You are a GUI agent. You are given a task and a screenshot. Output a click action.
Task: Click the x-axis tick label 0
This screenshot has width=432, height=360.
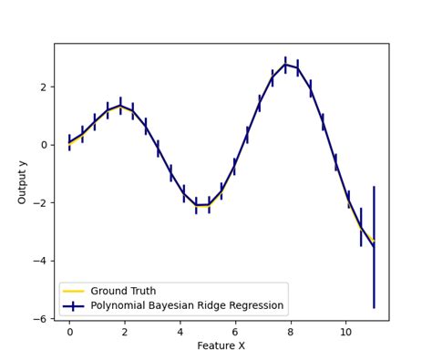(69, 332)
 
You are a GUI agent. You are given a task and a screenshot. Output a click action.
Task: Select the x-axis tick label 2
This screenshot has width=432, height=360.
(125, 332)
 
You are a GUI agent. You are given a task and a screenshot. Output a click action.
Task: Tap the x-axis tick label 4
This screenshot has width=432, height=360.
(180, 332)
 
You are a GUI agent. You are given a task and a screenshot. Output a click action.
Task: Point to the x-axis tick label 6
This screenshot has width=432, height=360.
(235, 332)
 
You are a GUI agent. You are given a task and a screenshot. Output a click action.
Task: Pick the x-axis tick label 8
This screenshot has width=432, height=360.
(291, 332)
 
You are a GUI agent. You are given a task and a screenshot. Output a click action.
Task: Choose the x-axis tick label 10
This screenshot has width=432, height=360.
(346, 332)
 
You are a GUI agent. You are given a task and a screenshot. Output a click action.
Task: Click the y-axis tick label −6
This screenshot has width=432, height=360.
(41, 319)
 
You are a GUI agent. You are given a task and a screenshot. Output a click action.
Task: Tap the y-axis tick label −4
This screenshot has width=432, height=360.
(41, 261)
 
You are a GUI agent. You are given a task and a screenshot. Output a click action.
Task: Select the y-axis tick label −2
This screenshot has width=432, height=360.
(41, 202)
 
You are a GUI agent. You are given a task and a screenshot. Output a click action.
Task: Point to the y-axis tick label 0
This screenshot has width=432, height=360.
(46, 145)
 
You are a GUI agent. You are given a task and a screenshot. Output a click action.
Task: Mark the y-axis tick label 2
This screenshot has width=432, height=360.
(46, 87)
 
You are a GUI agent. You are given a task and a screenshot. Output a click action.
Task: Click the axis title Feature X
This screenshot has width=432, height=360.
(221, 346)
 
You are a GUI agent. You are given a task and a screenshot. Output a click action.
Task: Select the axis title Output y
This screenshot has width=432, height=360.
(23, 181)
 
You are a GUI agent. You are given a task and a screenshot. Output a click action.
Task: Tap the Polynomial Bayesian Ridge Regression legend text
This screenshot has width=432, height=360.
(187, 305)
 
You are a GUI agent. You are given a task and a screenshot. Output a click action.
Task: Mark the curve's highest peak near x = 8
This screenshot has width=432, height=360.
(285, 65)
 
